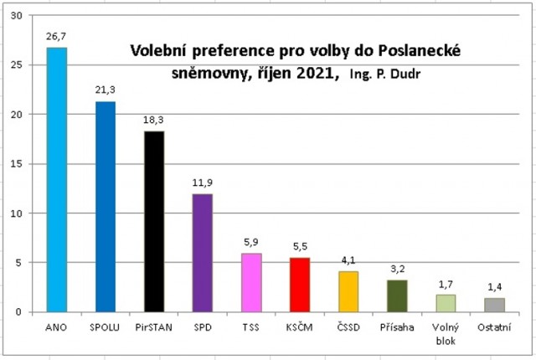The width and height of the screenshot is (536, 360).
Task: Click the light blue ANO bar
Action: (x=57, y=179)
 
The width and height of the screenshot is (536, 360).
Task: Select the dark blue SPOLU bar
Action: (x=106, y=206)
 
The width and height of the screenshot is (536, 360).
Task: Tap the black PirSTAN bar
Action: (x=154, y=221)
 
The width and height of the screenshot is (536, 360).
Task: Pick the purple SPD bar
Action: (x=204, y=253)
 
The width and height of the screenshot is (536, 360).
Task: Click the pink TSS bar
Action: (x=251, y=282)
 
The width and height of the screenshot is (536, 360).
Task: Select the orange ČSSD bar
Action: (x=348, y=291)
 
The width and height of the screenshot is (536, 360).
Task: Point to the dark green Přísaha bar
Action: (x=397, y=296)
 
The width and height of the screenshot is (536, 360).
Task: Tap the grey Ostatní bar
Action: (x=494, y=305)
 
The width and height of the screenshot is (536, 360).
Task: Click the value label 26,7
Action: (x=57, y=38)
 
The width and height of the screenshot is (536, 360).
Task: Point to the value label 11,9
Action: (x=204, y=184)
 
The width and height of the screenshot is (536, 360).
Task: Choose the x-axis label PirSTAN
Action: (x=154, y=326)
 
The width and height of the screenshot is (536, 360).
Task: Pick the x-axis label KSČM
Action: (x=300, y=326)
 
